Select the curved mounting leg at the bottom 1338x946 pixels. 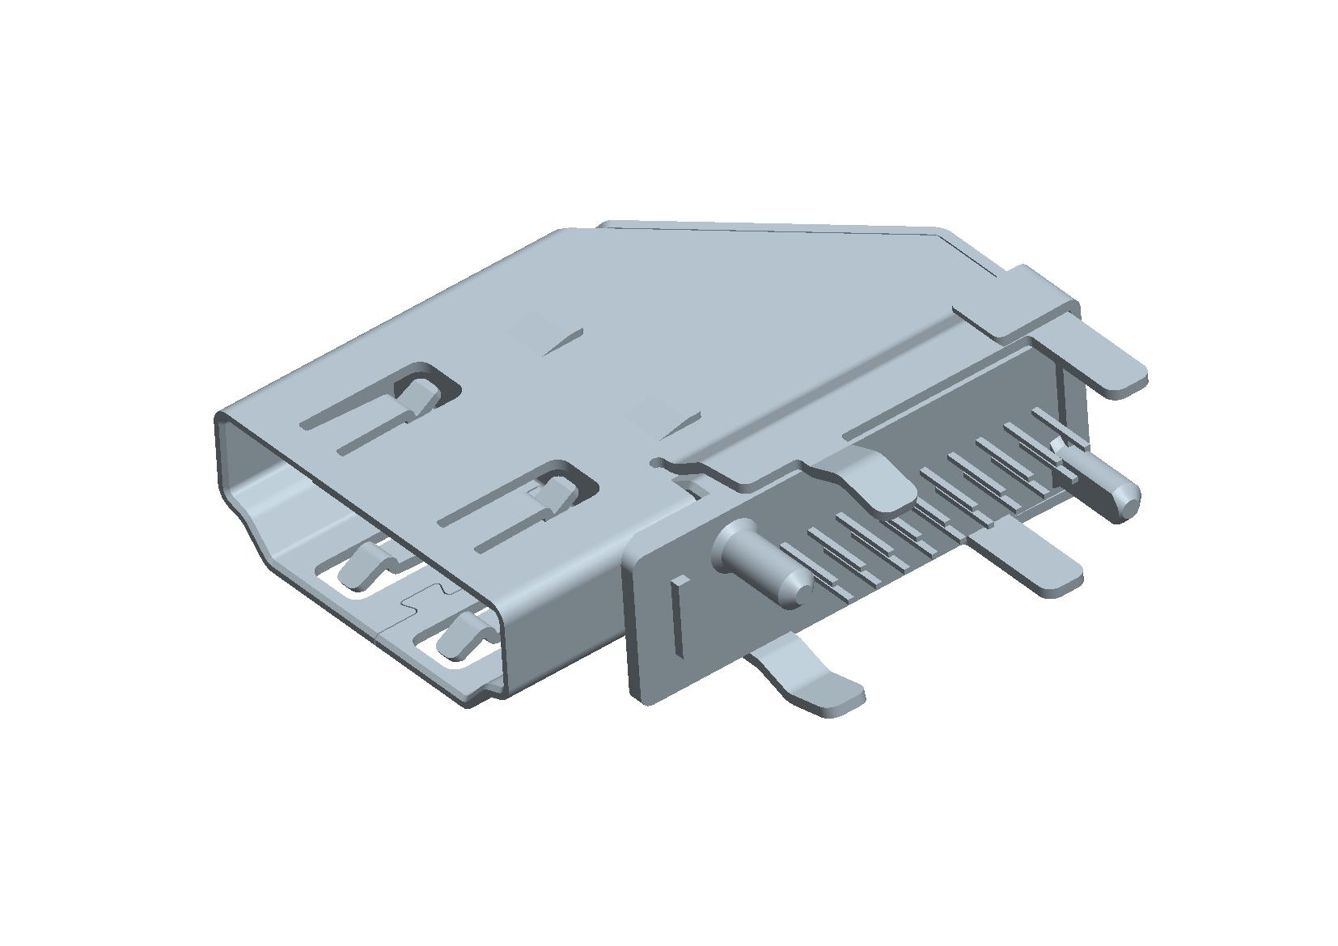[x=809, y=680]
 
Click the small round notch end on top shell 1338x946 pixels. [x=659, y=463]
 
